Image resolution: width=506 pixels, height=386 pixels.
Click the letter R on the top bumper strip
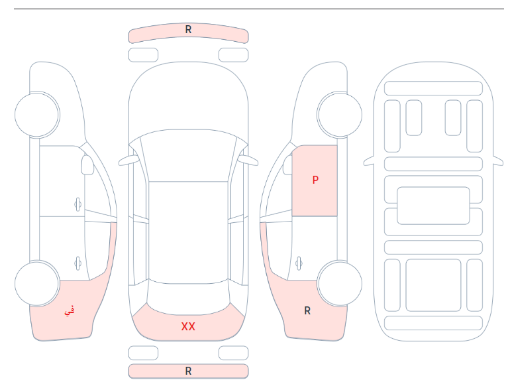[x=189, y=30]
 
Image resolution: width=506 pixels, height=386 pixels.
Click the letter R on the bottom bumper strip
[x=189, y=371]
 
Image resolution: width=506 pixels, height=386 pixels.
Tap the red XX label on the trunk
[x=188, y=326]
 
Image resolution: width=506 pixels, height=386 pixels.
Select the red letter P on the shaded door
[x=315, y=180]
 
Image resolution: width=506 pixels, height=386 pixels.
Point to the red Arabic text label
[x=70, y=311]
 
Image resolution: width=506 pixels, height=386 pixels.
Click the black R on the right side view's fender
[x=307, y=310]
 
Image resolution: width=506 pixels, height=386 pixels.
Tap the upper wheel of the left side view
[x=37, y=115]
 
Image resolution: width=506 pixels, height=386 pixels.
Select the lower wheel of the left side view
[x=37, y=283]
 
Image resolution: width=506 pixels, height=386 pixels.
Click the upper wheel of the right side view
[x=340, y=115]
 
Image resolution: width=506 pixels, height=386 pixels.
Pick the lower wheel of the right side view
[x=340, y=283]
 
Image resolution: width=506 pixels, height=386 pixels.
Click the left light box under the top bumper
[x=143, y=55]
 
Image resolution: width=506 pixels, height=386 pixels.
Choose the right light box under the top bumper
[x=233, y=55]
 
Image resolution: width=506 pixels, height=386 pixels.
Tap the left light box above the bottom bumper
[x=143, y=353]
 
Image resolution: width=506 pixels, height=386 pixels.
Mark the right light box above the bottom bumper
[x=233, y=353]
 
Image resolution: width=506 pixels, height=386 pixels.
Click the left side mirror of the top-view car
[x=128, y=161]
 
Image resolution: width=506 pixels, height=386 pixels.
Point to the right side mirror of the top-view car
[x=248, y=161]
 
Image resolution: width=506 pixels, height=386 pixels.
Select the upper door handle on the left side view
[x=77, y=204]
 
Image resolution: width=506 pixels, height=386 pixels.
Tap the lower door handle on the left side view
[x=77, y=263]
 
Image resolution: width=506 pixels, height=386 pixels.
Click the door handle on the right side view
[x=299, y=263]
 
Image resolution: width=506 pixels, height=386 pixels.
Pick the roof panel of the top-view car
[x=189, y=232]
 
